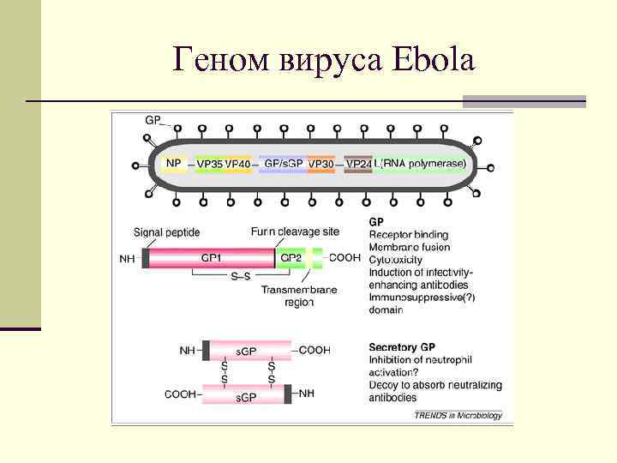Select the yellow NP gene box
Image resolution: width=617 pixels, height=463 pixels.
pyautogui.click(x=174, y=163)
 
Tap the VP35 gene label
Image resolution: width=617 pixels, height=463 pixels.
pyautogui.click(x=209, y=164)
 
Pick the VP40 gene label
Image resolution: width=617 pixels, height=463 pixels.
pyautogui.click(x=238, y=164)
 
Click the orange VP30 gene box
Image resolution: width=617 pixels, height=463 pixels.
pyautogui.click(x=321, y=164)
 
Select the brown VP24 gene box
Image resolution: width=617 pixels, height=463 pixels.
pyautogui.click(x=359, y=164)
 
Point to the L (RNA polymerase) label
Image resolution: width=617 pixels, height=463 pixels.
pyautogui.click(x=421, y=163)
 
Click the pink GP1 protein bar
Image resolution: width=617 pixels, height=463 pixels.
pyautogui.click(x=211, y=257)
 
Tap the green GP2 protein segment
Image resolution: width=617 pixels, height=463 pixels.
pyautogui.click(x=291, y=257)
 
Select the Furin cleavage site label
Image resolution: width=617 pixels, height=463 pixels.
pyautogui.click(x=295, y=231)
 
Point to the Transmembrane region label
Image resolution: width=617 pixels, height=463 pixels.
pyautogui.click(x=299, y=296)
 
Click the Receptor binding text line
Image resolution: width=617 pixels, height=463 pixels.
pyautogui.click(x=409, y=235)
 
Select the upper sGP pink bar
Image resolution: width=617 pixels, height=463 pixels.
pyautogui.click(x=247, y=350)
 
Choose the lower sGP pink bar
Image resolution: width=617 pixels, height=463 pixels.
pyautogui.click(x=247, y=394)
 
